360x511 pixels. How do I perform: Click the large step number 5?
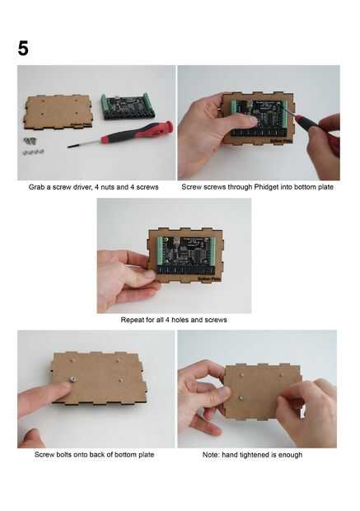click(23, 49)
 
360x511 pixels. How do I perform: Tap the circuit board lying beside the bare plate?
click(129, 106)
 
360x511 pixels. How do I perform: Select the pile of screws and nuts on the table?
click(33, 146)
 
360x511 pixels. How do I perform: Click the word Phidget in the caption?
click(266, 187)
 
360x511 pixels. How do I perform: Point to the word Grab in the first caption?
click(36, 187)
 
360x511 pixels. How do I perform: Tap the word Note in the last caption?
click(210, 455)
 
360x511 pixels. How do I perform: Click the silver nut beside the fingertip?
click(73, 378)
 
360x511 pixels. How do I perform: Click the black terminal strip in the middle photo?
click(185, 270)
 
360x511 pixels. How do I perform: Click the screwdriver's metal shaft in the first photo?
click(84, 143)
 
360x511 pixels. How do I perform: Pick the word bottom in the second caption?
click(304, 187)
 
